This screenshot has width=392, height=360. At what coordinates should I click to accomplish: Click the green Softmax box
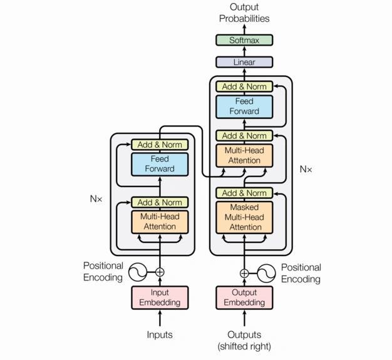(x=244, y=40)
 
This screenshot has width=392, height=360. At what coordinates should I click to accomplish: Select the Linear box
(x=244, y=62)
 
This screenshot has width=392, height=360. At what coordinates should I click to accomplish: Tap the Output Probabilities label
(x=244, y=13)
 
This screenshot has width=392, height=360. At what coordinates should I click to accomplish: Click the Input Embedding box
(x=160, y=298)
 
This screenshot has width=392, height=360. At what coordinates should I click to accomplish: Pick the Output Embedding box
(x=244, y=298)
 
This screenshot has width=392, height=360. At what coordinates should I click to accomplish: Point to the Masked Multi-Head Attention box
(x=244, y=217)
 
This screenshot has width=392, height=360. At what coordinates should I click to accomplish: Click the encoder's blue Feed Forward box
(x=160, y=164)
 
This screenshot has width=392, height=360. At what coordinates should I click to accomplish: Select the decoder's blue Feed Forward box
(x=244, y=106)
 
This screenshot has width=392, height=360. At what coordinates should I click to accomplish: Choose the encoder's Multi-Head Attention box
(x=160, y=222)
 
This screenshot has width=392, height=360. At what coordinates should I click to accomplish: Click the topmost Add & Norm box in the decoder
(x=244, y=86)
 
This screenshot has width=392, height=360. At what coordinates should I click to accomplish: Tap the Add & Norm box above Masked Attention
(x=244, y=193)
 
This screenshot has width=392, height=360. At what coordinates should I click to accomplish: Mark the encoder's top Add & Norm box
(x=160, y=145)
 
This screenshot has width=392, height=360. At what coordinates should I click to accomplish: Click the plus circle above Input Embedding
(x=160, y=272)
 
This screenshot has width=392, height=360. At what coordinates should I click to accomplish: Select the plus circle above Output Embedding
(x=244, y=273)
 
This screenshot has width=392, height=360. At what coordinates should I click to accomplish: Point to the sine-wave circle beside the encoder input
(x=138, y=272)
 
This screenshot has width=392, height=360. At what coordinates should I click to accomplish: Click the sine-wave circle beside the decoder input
(x=266, y=273)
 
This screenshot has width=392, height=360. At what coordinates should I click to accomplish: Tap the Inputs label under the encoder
(x=160, y=335)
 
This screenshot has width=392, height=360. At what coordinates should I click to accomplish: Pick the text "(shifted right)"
(x=244, y=346)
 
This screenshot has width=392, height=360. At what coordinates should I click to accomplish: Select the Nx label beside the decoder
(x=306, y=169)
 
